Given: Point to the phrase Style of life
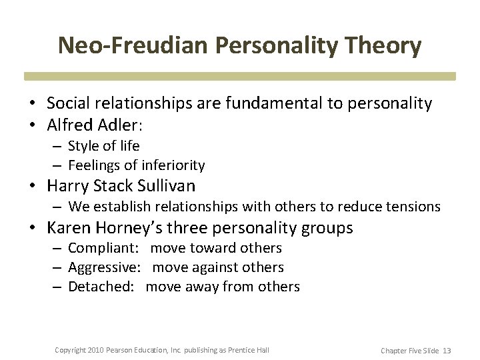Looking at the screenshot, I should click(104, 145).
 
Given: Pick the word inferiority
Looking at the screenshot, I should click(172, 165).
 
